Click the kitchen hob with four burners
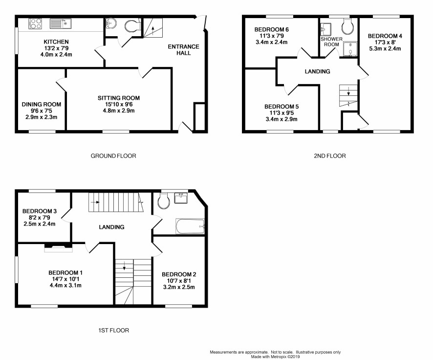35,23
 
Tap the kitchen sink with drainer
61,23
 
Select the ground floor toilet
132,26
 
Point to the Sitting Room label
119,98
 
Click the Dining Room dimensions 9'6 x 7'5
42,111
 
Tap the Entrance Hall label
183,50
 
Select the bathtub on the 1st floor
190,226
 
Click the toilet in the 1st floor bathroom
164,201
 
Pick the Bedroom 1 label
65,273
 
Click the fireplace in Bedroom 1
58,247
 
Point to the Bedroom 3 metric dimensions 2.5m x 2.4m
40,224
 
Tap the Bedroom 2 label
179,274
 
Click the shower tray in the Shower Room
350,49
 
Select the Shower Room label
331,42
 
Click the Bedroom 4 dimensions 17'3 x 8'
385,42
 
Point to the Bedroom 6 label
271,29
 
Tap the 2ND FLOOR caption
330,156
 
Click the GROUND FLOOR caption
113,156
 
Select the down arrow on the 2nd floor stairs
348,91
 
